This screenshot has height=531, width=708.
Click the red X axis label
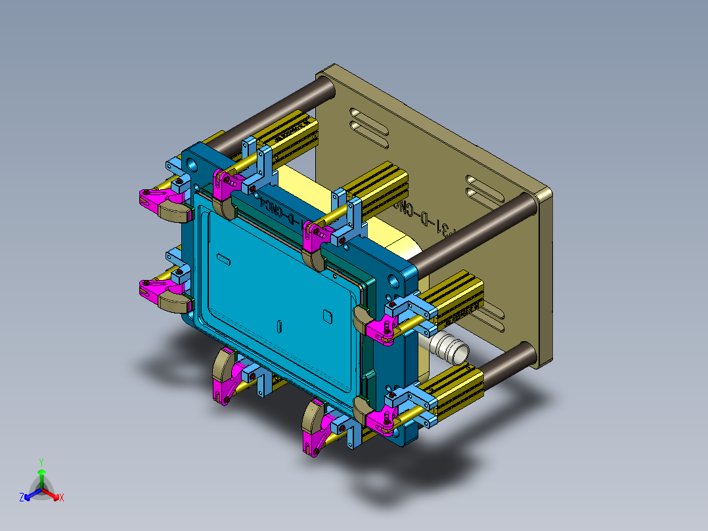tap(61, 498)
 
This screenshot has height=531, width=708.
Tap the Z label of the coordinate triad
tap(22, 498)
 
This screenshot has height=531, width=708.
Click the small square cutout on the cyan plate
tap(327, 316)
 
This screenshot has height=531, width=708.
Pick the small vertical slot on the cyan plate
tap(279, 325)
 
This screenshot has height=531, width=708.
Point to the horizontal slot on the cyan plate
tap(223, 258)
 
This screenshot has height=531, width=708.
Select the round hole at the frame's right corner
tap(395, 282)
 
